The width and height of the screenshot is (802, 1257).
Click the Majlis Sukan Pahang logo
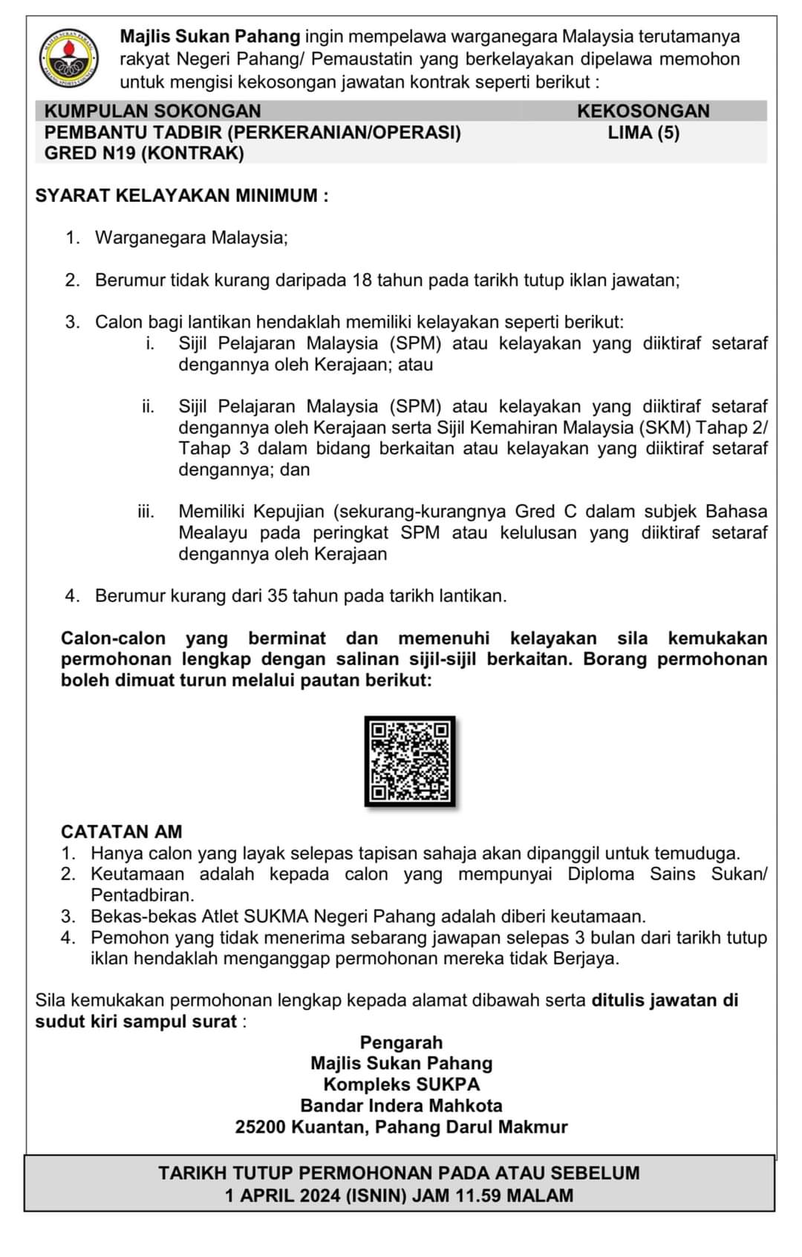tap(69, 57)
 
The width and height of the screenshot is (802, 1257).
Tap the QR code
tap(410, 761)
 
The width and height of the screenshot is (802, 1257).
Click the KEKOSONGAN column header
tap(643, 111)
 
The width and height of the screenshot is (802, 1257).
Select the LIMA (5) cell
tap(643, 133)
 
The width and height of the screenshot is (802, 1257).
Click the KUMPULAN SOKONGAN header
tap(152, 111)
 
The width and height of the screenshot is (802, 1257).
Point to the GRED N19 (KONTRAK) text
tap(144, 154)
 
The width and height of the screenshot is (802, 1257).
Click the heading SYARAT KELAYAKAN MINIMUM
tap(181, 196)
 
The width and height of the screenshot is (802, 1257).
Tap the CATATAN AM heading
tap(121, 832)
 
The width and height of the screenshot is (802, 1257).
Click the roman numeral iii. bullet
tap(146, 512)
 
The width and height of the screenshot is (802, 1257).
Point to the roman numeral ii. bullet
tap(149, 407)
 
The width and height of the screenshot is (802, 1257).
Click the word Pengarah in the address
tap(401, 1042)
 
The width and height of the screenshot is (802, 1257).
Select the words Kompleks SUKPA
tap(401, 1085)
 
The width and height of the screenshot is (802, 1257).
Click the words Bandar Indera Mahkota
tap(401, 1106)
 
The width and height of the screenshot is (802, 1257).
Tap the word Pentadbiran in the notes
tap(143, 895)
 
